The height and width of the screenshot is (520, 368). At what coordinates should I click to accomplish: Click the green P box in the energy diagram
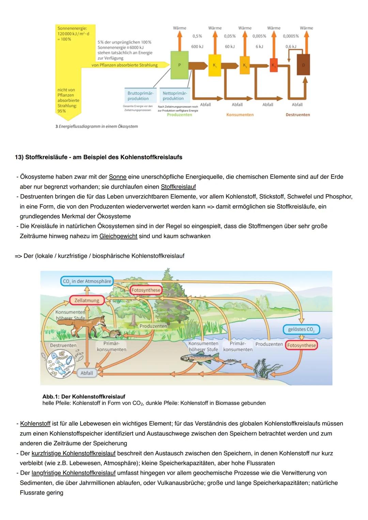pyautogui.click(x=179, y=65)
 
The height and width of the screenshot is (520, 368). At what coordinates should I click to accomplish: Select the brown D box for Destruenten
pyautogui.click(x=303, y=64)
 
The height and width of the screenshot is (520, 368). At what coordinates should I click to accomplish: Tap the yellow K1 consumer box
pyautogui.click(x=215, y=65)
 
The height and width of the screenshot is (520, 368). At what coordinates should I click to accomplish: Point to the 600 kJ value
pyautogui.click(x=197, y=47)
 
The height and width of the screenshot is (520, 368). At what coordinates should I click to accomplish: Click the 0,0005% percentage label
pyautogui.click(x=291, y=36)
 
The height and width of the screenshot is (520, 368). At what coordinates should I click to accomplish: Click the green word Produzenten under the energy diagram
pyautogui.click(x=179, y=115)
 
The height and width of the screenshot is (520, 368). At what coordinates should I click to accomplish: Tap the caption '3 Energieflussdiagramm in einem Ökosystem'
pyautogui.click(x=96, y=126)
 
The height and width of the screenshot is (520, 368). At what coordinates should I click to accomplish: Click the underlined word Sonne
pyautogui.click(x=118, y=177)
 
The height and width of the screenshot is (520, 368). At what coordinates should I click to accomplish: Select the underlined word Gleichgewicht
pyautogui.click(x=118, y=236)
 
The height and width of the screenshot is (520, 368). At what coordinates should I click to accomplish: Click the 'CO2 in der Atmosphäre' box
pyautogui.click(x=87, y=281)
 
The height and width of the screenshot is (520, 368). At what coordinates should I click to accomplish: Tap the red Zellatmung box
pyautogui.click(x=87, y=300)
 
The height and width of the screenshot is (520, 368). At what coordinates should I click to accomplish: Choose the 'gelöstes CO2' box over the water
pyautogui.click(x=301, y=329)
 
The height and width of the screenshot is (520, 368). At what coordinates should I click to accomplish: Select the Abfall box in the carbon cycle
pyautogui.click(x=87, y=373)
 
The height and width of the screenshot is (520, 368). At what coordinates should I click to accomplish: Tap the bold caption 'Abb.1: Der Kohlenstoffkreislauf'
pyautogui.click(x=84, y=396)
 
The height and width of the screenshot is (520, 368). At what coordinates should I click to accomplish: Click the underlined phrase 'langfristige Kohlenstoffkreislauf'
pyautogui.click(x=73, y=473)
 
